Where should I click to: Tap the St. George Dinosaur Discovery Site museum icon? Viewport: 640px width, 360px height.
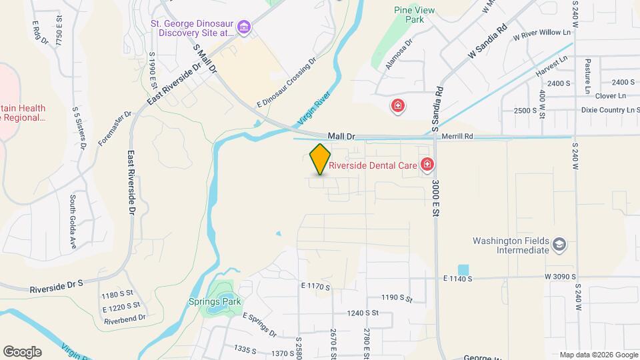(244, 27)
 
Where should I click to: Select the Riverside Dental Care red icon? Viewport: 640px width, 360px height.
(427, 165)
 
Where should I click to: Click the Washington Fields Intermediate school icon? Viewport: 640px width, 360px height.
(559, 245)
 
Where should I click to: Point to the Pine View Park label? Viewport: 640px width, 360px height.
(409, 15)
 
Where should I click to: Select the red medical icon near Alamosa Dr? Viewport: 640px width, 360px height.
(398, 105)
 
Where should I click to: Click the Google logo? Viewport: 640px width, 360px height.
(22, 352)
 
